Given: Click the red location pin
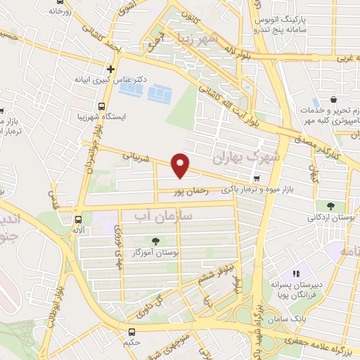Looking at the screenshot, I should (x=181, y=165).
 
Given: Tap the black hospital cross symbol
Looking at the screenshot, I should (x=110, y=69).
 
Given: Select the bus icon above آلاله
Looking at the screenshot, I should (x=78, y=218).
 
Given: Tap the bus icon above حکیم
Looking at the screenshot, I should (x=131, y=333).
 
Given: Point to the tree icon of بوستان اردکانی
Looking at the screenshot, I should (x=330, y=205).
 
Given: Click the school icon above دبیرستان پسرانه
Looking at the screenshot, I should (x=295, y=274).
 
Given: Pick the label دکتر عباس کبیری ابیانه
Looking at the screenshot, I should (x=110, y=80).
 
